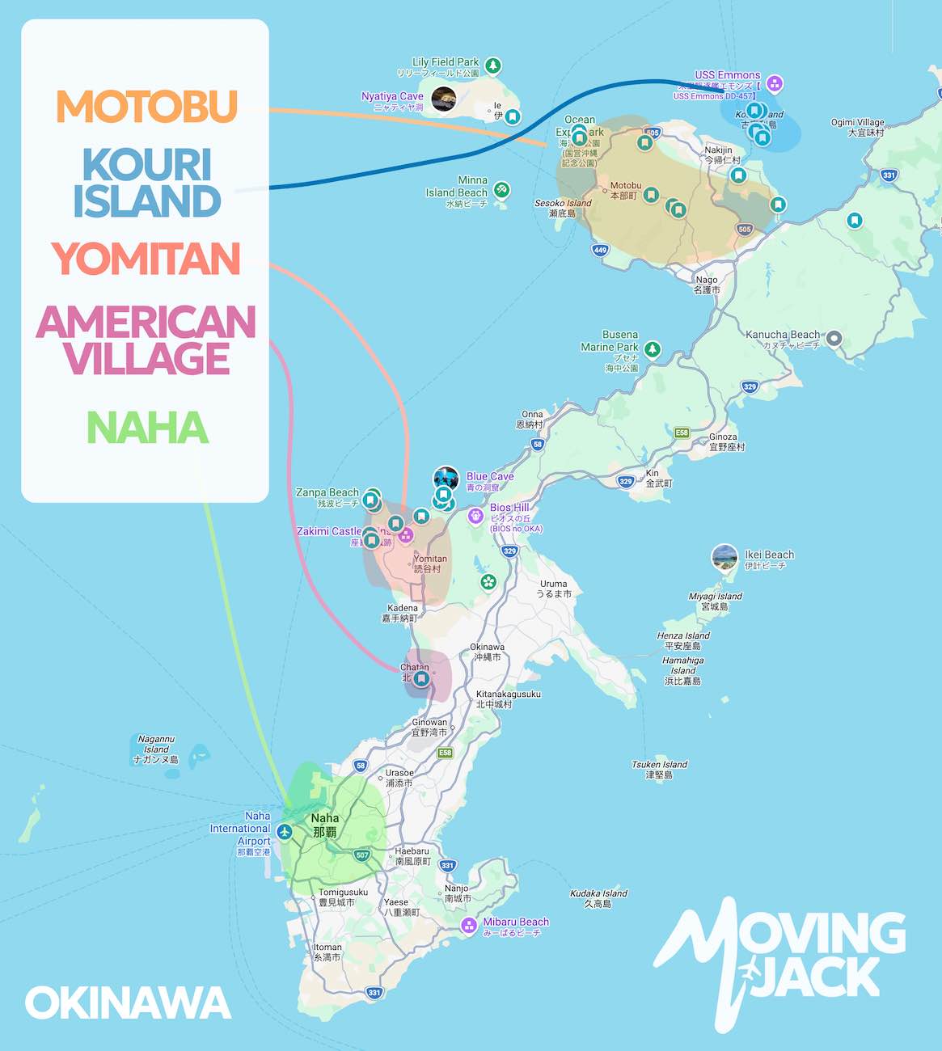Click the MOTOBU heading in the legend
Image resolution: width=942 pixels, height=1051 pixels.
pyautogui.click(x=146, y=107)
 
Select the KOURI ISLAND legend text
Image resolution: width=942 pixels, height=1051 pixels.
pyautogui.click(x=147, y=183)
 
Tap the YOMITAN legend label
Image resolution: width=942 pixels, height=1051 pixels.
pyautogui.click(x=146, y=259)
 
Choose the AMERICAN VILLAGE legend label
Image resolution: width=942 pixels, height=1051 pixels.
pyautogui.click(x=146, y=340)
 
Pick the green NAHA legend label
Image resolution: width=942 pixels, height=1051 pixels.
pyautogui.click(x=147, y=428)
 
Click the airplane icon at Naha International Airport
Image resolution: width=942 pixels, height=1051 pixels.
pyautogui.click(x=284, y=831)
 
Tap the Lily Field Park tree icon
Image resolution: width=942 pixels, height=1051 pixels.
pyautogui.click(x=492, y=65)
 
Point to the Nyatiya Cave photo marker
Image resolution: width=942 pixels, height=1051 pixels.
pyautogui.click(x=443, y=99)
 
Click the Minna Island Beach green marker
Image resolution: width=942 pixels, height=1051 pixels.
pyautogui.click(x=501, y=190)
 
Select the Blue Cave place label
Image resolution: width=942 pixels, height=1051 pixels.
pyautogui.click(x=489, y=476)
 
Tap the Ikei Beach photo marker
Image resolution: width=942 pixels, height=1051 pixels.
pyautogui.click(x=724, y=557)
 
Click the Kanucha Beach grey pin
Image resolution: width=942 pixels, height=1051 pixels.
pyautogui.click(x=834, y=339)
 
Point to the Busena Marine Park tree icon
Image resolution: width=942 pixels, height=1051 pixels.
pyautogui.click(x=653, y=349)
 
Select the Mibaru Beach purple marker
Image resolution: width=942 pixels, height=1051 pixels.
pyautogui.click(x=468, y=925)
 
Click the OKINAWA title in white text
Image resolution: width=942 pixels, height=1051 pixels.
pyautogui.click(x=128, y=1003)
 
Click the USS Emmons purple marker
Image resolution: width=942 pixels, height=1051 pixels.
pyautogui.click(x=774, y=82)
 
